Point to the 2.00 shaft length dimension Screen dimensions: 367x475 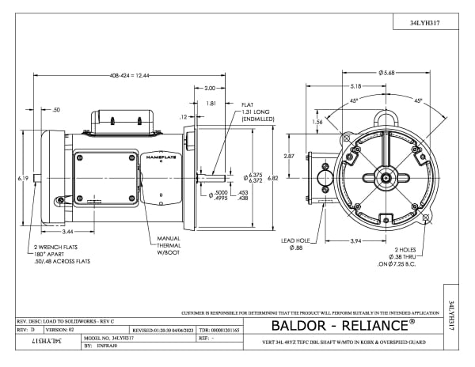pos(210,88)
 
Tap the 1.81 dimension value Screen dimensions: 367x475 pos(211,103)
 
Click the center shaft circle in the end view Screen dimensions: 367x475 pos(386,178)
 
